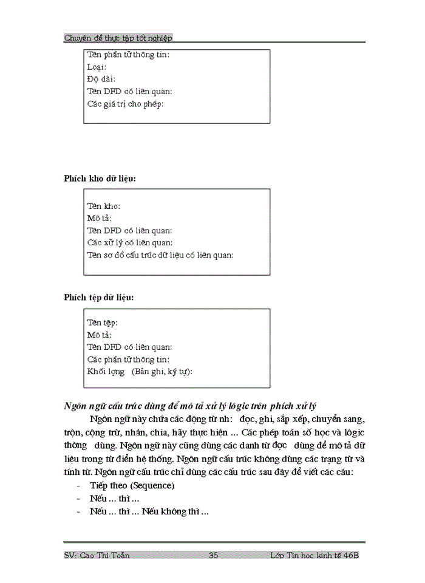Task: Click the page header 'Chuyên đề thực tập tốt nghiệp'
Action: [x=118, y=38]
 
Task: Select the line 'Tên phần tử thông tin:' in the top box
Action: [x=128, y=55]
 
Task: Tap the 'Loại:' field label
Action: [x=97, y=67]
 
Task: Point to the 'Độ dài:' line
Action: [x=101, y=80]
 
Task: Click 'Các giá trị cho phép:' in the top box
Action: [x=126, y=104]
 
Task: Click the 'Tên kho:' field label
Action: [x=104, y=206]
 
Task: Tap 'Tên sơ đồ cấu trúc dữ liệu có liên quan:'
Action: [x=160, y=255]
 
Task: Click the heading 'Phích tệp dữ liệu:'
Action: [x=100, y=298]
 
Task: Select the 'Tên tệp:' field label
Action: [x=103, y=323]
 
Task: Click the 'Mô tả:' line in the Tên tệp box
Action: [x=100, y=335]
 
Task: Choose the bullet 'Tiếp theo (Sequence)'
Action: [x=132, y=486]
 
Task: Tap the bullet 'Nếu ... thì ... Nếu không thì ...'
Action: [x=149, y=511]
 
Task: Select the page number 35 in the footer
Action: [x=213, y=556]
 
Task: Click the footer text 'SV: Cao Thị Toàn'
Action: [x=97, y=556]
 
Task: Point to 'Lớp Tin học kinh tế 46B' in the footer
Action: [x=316, y=556]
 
